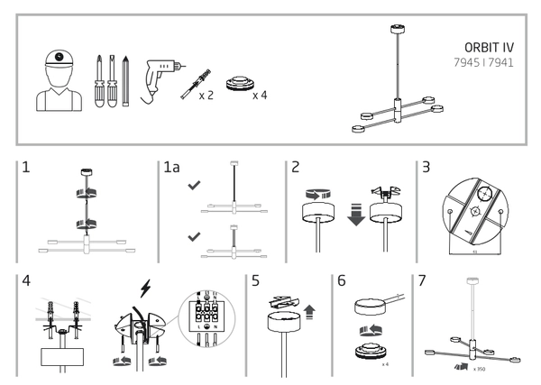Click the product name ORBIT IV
(x=488, y=50)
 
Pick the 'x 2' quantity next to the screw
(x=206, y=94)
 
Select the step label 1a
(x=172, y=169)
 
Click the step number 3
(x=426, y=169)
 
